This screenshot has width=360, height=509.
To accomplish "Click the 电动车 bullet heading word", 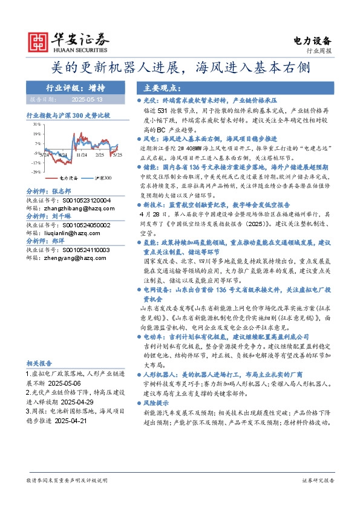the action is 154,336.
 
